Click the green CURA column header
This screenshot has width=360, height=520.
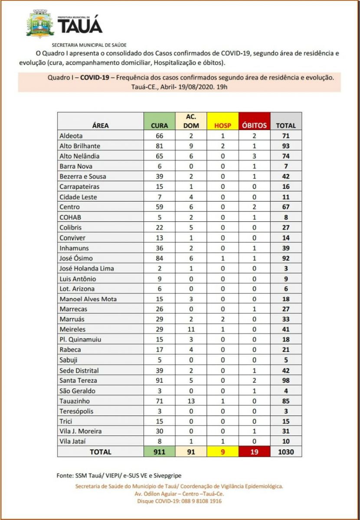point(159,126)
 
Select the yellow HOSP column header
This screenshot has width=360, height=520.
point(223,126)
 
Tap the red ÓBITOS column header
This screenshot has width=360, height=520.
point(255,126)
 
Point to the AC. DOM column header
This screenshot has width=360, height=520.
point(191,121)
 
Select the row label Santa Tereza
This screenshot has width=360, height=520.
point(78,380)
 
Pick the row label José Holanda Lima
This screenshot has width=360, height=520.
point(86,268)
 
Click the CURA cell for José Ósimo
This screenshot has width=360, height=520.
point(159,258)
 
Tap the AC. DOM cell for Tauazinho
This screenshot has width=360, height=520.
point(191,401)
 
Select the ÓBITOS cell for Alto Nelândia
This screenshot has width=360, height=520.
point(255,156)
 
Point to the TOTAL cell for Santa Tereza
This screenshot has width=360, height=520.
point(286,380)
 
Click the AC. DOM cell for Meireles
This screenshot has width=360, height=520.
point(191,329)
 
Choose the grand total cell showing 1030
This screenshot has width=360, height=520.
point(286,452)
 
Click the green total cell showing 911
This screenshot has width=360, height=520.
point(159,452)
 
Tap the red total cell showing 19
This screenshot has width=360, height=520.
point(255,452)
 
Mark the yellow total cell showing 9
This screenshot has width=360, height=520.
point(223,452)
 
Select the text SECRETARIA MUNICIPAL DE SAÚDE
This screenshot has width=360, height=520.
point(89,45)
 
